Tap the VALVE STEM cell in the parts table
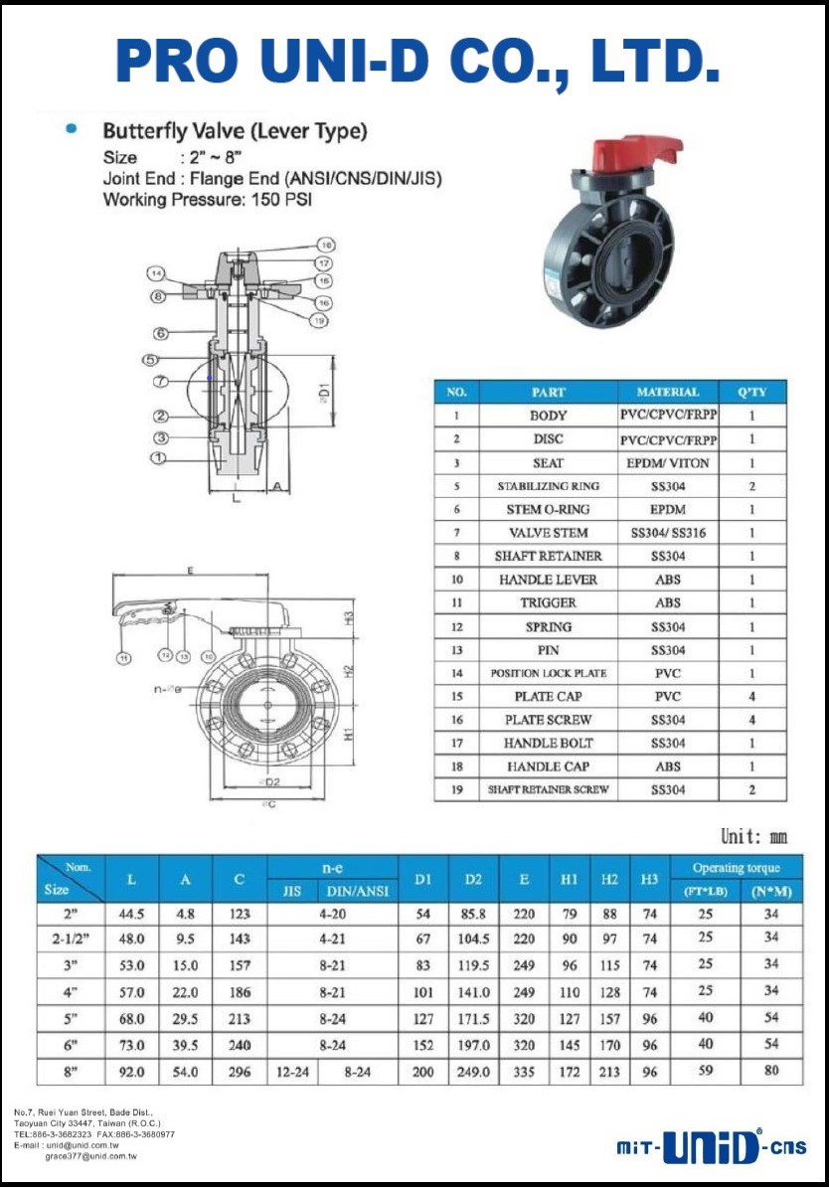click(548, 533)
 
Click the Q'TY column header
click(751, 392)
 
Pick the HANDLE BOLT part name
click(548, 743)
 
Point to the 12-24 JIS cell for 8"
click(292, 1072)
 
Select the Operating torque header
click(736, 868)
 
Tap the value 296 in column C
click(240, 1072)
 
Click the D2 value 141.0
click(473, 992)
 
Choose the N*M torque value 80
click(771, 1072)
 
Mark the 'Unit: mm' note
click(753, 837)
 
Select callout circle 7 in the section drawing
click(159, 382)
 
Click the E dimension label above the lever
click(187, 571)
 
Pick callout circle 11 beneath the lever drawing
click(122, 657)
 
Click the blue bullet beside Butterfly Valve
click(71, 129)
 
